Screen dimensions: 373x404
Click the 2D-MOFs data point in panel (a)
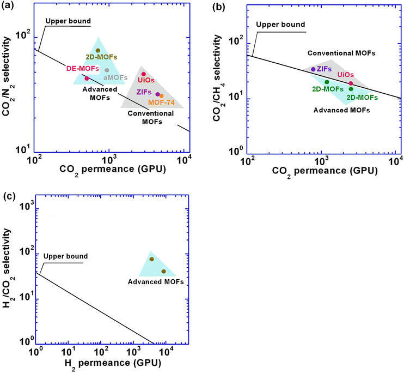tap(98, 51)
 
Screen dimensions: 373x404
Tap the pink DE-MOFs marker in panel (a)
tap(87, 79)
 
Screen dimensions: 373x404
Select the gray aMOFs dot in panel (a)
tap(107, 70)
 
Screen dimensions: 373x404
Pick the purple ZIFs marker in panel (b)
tap(313, 69)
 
